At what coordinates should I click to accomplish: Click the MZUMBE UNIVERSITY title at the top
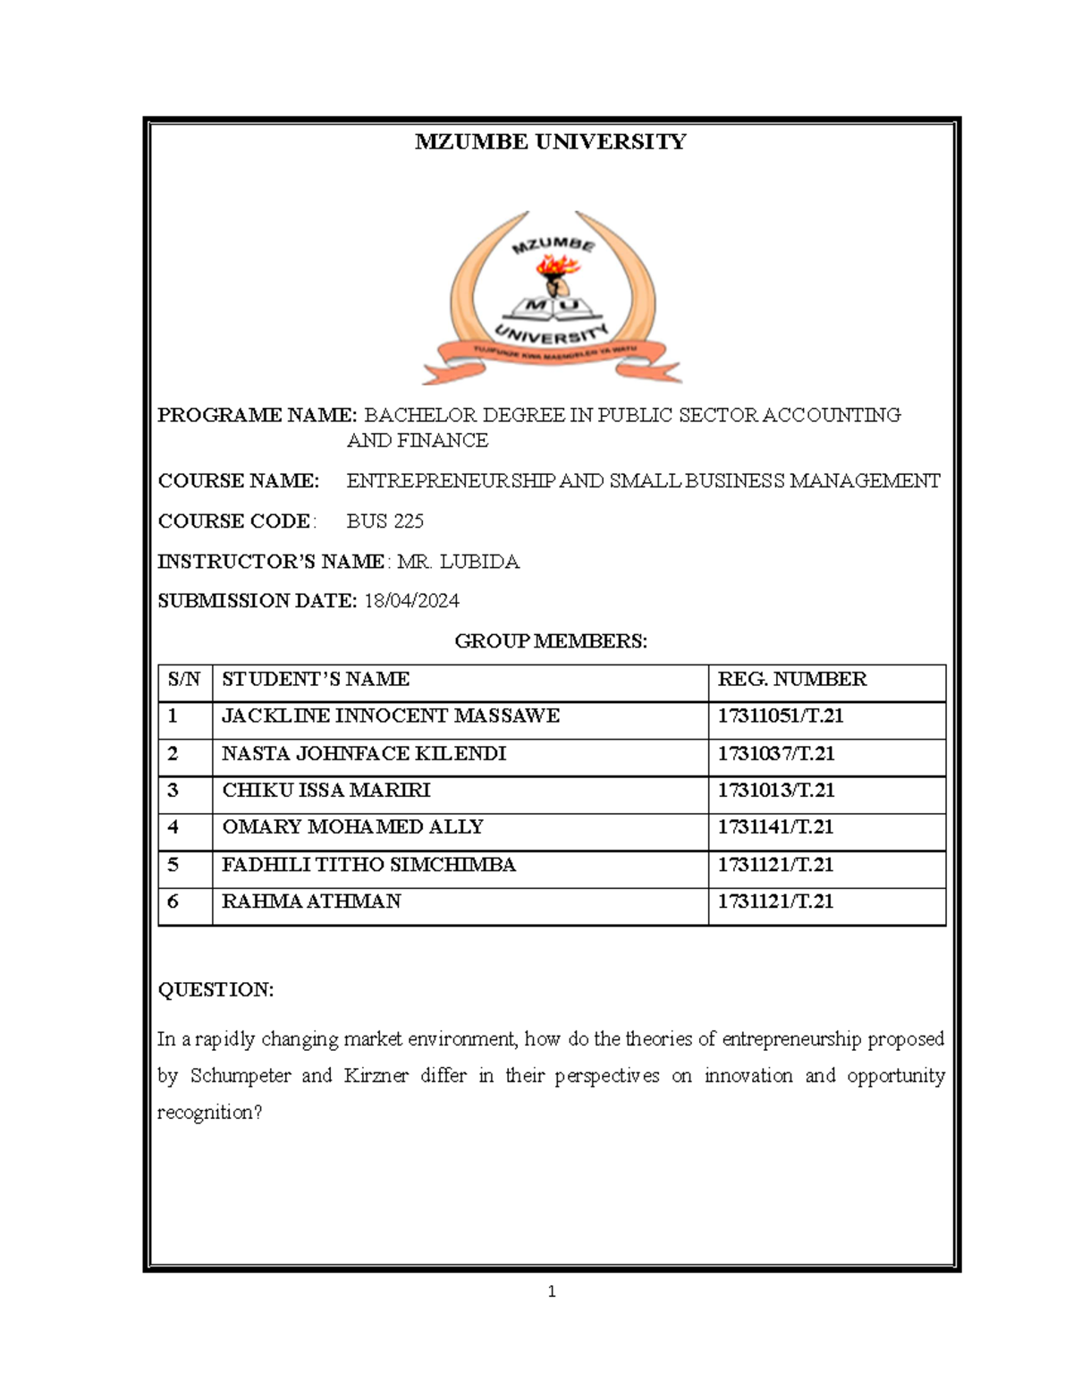(x=550, y=141)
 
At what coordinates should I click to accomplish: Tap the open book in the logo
(x=551, y=309)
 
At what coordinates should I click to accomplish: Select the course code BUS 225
(x=384, y=521)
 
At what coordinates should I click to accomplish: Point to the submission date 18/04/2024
(x=411, y=601)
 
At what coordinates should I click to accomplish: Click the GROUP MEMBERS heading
(x=551, y=641)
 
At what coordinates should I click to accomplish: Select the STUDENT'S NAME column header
(x=316, y=680)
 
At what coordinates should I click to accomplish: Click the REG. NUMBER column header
(x=791, y=680)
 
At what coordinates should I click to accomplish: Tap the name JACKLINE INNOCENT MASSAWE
(x=391, y=716)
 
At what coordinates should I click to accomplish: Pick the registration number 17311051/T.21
(x=781, y=716)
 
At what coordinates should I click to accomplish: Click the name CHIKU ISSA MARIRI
(x=326, y=791)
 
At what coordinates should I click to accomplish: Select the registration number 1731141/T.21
(x=775, y=827)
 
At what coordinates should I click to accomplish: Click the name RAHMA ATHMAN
(x=311, y=902)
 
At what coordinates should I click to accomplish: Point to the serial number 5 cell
(x=173, y=865)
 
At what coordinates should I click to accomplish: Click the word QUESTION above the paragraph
(x=215, y=990)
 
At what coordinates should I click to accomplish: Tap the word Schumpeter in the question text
(x=241, y=1076)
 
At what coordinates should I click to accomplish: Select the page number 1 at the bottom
(x=552, y=1292)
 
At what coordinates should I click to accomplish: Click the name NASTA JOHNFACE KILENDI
(x=364, y=754)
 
